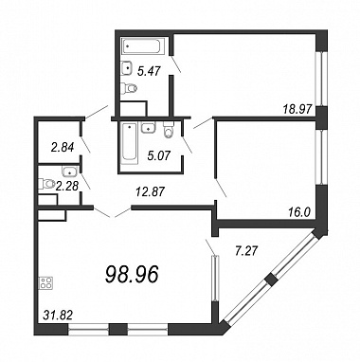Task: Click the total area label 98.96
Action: [132, 274]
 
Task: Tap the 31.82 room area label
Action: [58, 315]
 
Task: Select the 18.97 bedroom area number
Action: [297, 110]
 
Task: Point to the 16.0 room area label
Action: [299, 211]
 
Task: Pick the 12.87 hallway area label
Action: [150, 191]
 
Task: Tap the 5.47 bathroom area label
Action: [149, 71]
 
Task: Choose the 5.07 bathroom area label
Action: [159, 155]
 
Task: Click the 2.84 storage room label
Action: [63, 147]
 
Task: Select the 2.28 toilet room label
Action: [66, 186]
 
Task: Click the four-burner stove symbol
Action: [46, 282]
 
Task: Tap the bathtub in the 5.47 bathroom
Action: [142, 46]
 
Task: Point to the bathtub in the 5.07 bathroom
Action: [130, 143]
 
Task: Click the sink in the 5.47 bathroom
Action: [128, 68]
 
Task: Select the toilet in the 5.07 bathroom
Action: [169, 130]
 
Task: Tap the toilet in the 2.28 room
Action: [45, 184]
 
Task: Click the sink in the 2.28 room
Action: [69, 172]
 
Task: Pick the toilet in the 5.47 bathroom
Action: [130, 88]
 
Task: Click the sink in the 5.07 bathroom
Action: [148, 128]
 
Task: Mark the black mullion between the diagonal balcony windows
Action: [271, 280]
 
